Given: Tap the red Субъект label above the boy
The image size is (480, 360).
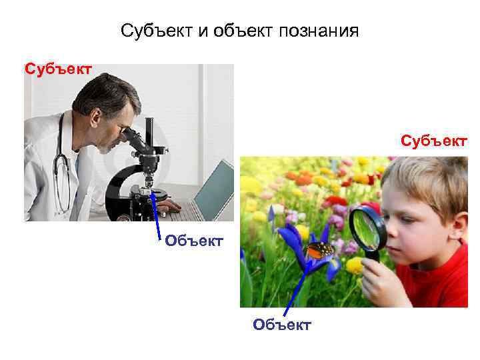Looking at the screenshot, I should (x=434, y=141).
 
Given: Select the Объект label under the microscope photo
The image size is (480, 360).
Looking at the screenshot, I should (x=194, y=240).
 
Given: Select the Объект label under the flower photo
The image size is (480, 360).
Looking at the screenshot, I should (x=282, y=325).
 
